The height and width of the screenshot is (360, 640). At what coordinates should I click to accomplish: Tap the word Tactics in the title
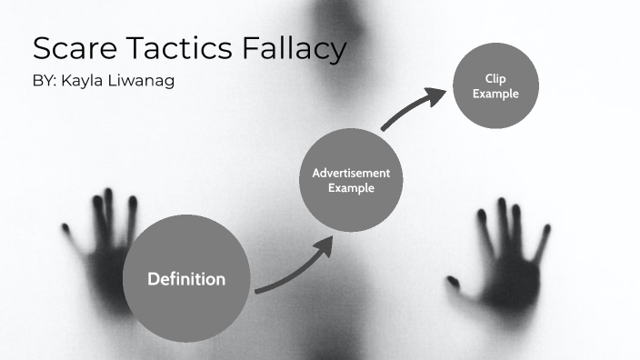pos(179,49)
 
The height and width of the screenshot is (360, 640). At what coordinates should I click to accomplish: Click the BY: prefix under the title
pos(45,81)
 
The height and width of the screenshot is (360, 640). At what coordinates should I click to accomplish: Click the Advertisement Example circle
pos(350,180)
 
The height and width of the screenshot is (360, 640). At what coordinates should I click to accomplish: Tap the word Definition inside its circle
pos(186,279)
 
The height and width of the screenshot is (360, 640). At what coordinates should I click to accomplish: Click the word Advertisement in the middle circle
pos(351,173)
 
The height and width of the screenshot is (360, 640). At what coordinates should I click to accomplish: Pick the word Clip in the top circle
pos(495,79)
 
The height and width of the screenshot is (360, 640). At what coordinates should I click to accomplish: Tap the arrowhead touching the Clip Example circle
pos(442,91)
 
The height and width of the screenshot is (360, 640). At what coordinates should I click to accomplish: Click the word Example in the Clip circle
pos(495,94)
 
